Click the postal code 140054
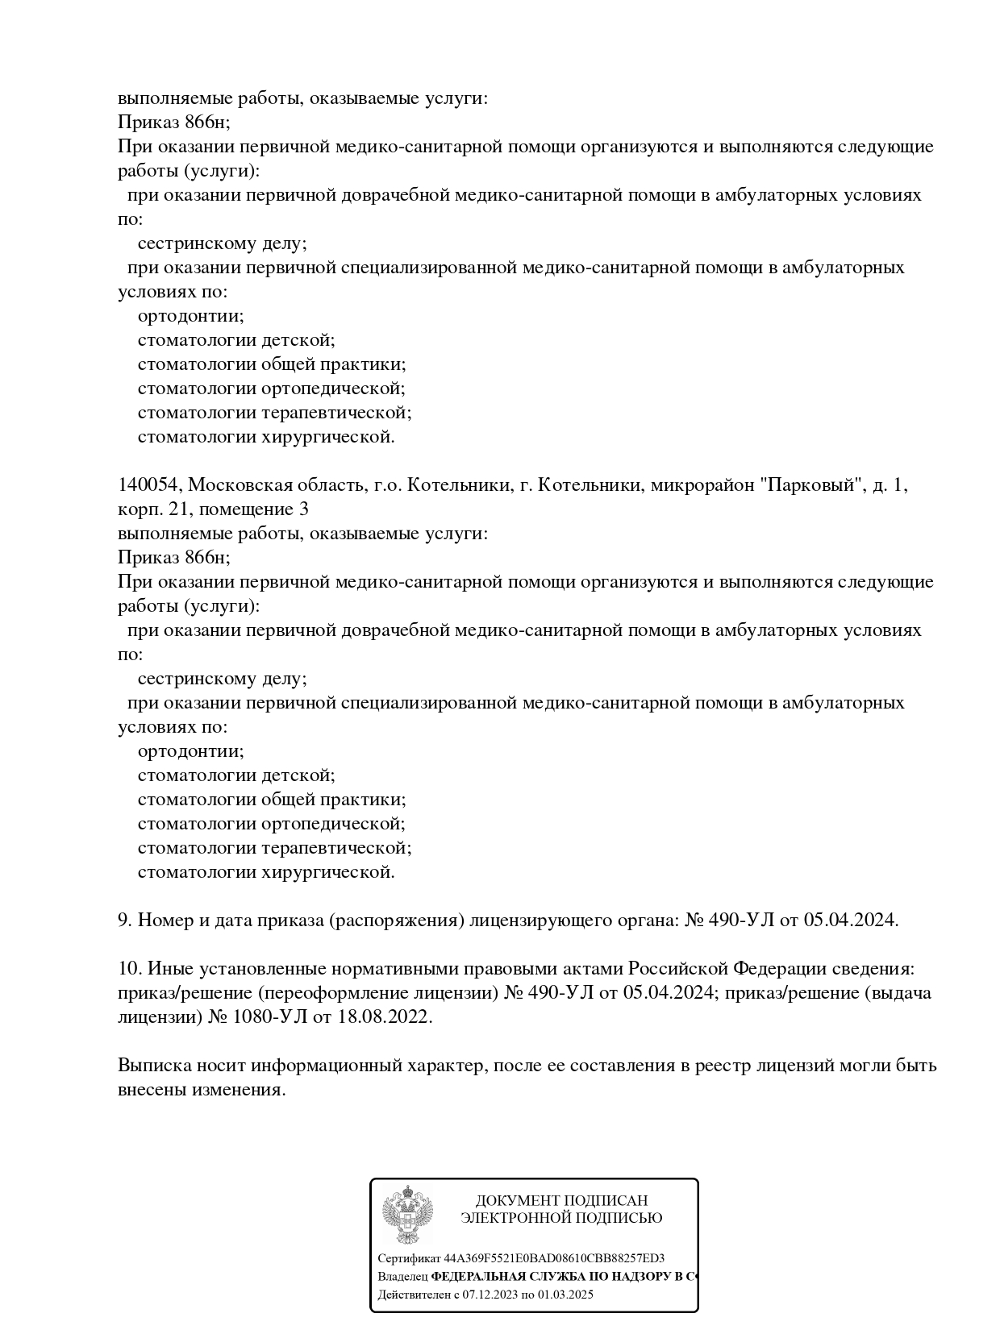[x=150, y=485]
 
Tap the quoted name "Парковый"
[x=812, y=485]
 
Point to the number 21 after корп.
[x=180, y=509]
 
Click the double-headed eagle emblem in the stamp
[x=408, y=1214]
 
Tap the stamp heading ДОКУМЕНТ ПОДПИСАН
[x=561, y=1201]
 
